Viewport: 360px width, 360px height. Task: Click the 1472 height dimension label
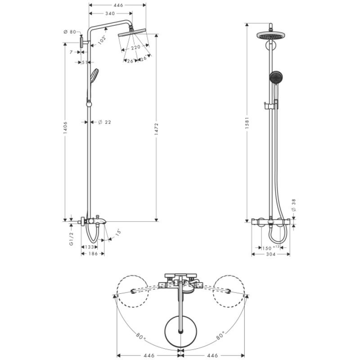click(156, 129)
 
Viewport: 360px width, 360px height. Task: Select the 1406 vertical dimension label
click(65, 128)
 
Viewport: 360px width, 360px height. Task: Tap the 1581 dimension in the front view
click(247, 123)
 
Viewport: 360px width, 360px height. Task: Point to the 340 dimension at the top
click(110, 13)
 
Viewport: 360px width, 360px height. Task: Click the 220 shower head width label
click(136, 48)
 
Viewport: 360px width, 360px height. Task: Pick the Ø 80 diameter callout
click(70, 32)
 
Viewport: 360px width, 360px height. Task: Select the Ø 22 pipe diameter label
click(105, 122)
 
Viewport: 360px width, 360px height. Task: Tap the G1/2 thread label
click(72, 238)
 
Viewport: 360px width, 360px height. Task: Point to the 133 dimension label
click(89, 247)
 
